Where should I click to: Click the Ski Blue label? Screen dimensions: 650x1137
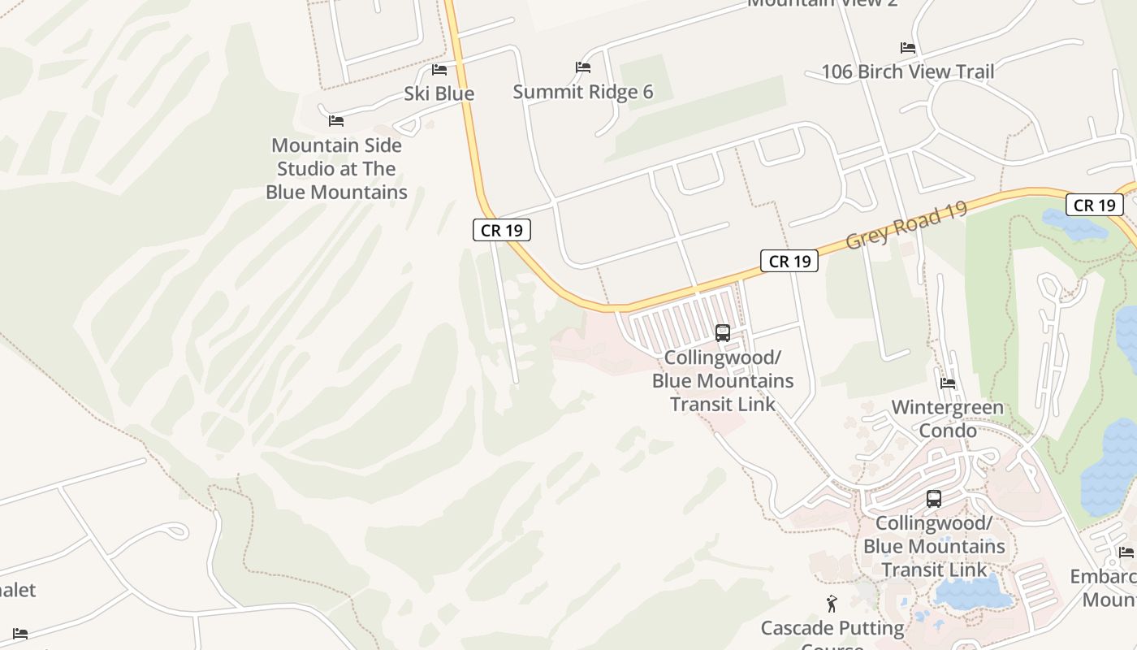click(439, 93)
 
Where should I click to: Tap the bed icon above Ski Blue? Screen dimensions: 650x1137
click(439, 70)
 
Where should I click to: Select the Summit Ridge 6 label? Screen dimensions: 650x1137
click(582, 92)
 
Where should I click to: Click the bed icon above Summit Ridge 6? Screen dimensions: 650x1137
click(583, 67)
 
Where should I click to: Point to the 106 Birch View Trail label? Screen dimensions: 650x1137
click(907, 71)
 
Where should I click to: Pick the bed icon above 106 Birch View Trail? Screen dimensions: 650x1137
click(908, 48)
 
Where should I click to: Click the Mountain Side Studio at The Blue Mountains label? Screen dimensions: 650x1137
click(336, 168)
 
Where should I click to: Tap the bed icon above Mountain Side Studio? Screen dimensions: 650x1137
click(336, 121)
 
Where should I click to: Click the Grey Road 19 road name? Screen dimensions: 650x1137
click(906, 226)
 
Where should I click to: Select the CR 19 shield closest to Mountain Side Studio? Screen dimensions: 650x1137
click(502, 230)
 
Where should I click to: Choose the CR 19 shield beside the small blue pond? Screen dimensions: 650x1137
click(1095, 205)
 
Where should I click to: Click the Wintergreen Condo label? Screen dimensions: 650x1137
click(947, 418)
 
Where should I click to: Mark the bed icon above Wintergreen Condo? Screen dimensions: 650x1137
click(948, 383)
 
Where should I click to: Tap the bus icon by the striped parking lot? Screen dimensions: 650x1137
click(722, 332)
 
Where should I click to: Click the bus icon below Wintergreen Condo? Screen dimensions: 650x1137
click(934, 499)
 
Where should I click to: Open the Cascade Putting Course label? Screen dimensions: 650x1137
click(832, 628)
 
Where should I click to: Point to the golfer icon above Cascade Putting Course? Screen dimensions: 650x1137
click(831, 604)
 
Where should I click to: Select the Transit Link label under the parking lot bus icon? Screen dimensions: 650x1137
click(722, 380)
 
